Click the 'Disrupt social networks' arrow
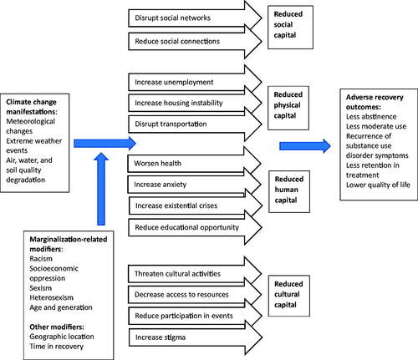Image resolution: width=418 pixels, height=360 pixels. pos(195,18)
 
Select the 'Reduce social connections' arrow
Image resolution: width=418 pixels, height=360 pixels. pos(195,42)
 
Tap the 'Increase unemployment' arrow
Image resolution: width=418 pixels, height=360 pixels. pos(195,82)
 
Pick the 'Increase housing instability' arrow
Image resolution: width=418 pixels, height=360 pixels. pos(195,103)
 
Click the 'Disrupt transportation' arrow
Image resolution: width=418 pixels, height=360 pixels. pos(195,124)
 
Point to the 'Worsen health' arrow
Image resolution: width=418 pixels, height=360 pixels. pos(194,164)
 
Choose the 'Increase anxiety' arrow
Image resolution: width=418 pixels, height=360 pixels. pos(194,185)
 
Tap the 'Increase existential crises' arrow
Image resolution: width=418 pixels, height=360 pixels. pos(196,205)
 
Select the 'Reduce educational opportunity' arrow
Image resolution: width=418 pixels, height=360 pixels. pos(195,227)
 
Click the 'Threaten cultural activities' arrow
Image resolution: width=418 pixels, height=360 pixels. pos(195,274)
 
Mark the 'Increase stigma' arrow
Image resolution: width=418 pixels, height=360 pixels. pos(196,337)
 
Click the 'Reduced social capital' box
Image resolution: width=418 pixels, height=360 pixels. pos(290,28)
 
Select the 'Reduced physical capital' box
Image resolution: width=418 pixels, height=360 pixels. pos(288,108)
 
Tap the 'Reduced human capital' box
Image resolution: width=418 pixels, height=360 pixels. pos(289,191)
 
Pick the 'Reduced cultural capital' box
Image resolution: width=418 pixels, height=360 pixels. pos(289,296)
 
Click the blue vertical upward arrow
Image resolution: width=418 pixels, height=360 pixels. pos(101,189)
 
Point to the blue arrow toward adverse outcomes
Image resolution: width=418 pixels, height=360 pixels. pos(305,146)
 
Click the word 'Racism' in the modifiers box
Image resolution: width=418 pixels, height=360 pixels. pos(41,259)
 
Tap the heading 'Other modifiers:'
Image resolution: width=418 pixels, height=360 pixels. pos(57,327)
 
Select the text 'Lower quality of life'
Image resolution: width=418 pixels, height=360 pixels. pos(378,185)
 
